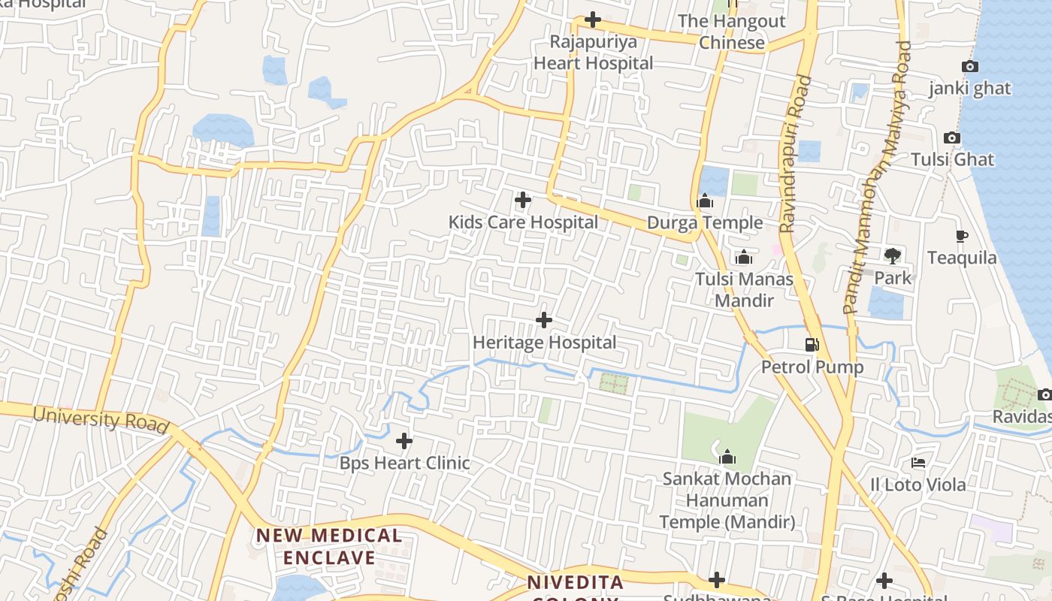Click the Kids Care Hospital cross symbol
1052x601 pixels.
pyautogui.click(x=522, y=200)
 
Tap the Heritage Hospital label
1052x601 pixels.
pyautogui.click(x=544, y=343)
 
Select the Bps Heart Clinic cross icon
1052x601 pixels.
pyautogui.click(x=404, y=441)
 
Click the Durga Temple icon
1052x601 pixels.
pyautogui.click(x=705, y=201)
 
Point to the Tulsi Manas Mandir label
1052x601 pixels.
pyautogui.click(x=744, y=289)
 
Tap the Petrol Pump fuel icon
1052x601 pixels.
pyautogui.click(x=812, y=345)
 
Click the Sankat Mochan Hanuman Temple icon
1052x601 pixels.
pyautogui.click(x=727, y=457)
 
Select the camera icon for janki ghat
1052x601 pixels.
pyautogui.click(x=969, y=67)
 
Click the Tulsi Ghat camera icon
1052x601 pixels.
pyautogui.click(x=951, y=138)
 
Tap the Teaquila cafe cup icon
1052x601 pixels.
pyautogui.click(x=961, y=237)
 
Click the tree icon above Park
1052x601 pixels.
pyautogui.click(x=892, y=256)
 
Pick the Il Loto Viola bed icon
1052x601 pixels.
pyautogui.click(x=918, y=463)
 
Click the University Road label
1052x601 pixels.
pyautogui.click(x=100, y=419)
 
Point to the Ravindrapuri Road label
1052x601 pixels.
pyautogui.click(x=795, y=154)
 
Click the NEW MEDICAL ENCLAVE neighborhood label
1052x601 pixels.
pyautogui.click(x=329, y=546)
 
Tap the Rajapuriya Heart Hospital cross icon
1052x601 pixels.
pyautogui.click(x=593, y=20)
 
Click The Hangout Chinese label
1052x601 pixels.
pyautogui.click(x=732, y=32)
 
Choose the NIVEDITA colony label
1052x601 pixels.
pyautogui.click(x=575, y=583)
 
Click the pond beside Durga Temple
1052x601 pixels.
pyautogui.click(x=714, y=180)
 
